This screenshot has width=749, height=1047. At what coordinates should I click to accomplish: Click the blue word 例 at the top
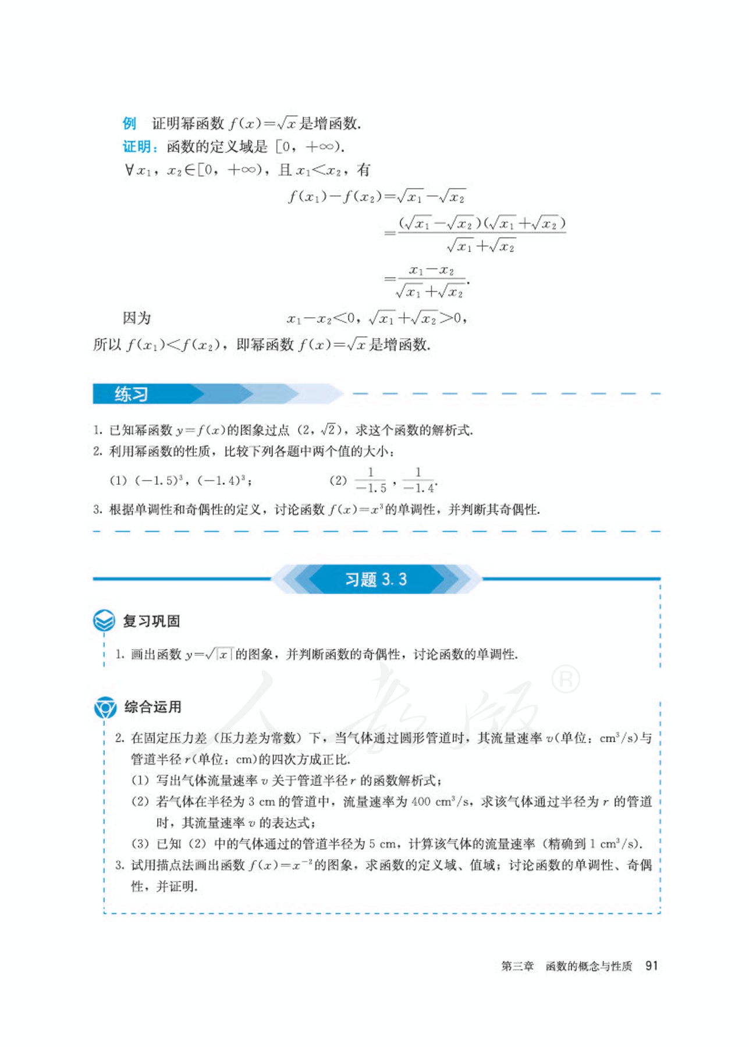[129, 123]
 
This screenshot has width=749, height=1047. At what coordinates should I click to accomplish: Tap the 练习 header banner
[132, 395]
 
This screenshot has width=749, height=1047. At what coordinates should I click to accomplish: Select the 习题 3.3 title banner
[376, 579]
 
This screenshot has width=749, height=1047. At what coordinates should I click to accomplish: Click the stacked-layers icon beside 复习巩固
[104, 620]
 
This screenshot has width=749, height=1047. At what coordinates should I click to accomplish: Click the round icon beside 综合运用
[105, 707]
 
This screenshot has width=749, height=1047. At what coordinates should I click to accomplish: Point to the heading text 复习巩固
[151, 621]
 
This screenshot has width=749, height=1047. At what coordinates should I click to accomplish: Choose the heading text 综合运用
[152, 707]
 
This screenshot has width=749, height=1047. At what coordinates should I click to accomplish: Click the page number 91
[651, 966]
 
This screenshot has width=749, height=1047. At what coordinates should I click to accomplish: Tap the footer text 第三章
[517, 966]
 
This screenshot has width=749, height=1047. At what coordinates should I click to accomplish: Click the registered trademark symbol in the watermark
[565, 680]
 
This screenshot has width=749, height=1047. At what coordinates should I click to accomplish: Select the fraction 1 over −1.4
[418, 481]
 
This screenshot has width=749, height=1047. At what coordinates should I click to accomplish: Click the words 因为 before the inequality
[137, 318]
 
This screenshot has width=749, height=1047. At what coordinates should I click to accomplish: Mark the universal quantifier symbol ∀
[129, 170]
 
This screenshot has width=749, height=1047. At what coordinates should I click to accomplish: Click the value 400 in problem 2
[420, 802]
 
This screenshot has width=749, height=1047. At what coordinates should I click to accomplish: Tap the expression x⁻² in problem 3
[301, 865]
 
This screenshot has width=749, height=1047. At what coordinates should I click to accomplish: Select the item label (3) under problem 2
[140, 844]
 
